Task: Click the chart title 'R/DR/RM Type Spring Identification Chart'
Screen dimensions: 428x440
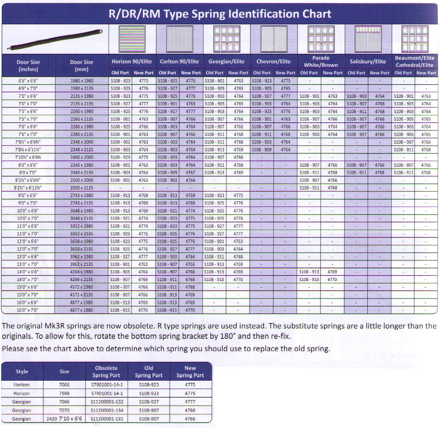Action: pos(220,14)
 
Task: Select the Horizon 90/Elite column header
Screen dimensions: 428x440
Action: pos(132,61)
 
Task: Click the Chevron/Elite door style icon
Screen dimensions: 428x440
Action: pos(273,39)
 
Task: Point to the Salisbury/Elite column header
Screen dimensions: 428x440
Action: pos(368,61)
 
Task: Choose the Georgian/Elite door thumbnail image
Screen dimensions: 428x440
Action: pos(227,39)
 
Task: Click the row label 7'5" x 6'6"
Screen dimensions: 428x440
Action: pos(28,111)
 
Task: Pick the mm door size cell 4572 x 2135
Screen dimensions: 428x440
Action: pos(81,295)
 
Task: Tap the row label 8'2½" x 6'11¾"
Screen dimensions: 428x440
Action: pos(28,188)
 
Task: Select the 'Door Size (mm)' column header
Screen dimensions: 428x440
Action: pos(81,65)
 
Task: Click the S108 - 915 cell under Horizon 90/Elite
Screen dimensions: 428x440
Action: pos(120,310)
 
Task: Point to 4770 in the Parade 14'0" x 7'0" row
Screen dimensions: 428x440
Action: pos(332,279)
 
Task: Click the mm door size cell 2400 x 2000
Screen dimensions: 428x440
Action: pos(81,157)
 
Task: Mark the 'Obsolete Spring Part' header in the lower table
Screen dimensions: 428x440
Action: pos(106,371)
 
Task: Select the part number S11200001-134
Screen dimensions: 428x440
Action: pos(107,410)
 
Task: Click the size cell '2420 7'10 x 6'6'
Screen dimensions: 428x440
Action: pos(64,419)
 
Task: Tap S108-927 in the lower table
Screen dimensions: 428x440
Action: pos(149,402)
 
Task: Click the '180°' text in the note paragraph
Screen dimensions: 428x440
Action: pos(228,336)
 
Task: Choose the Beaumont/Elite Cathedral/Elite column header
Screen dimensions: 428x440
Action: pos(414,61)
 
